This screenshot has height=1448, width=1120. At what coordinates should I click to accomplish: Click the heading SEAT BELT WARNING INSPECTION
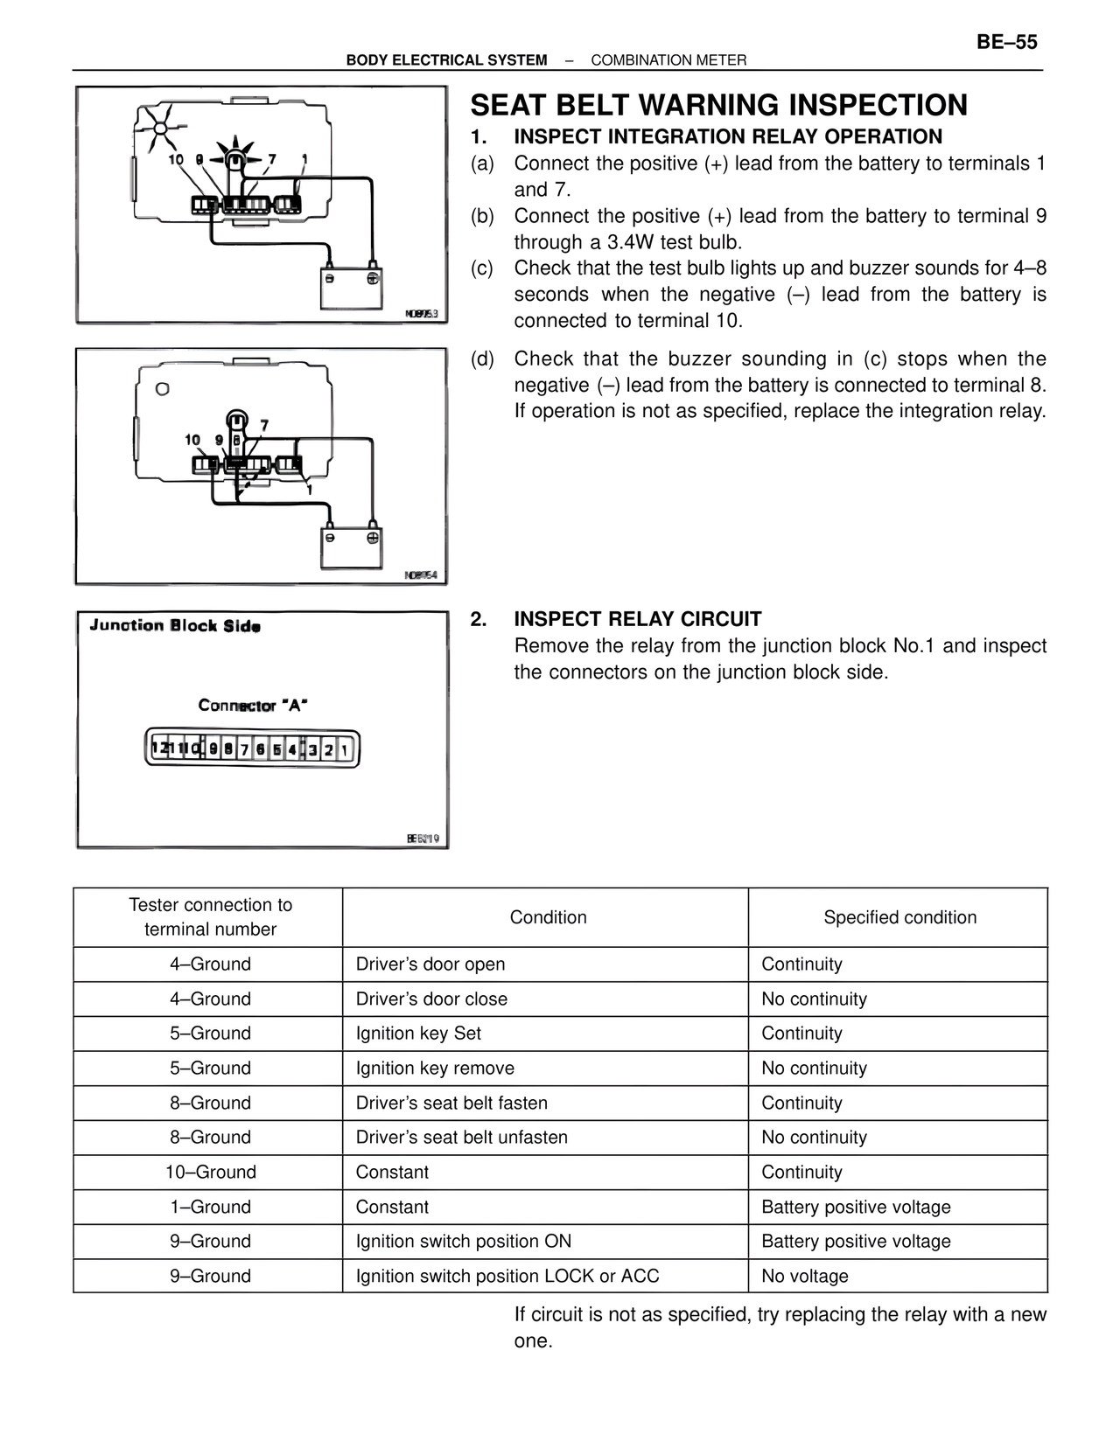click(x=718, y=106)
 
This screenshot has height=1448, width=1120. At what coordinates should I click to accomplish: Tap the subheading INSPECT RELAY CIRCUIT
click(x=637, y=619)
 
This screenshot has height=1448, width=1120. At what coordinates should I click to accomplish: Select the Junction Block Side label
click(x=175, y=626)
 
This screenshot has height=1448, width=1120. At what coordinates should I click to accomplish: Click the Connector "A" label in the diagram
click(x=252, y=705)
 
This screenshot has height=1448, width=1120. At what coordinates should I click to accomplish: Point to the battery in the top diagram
click(x=351, y=289)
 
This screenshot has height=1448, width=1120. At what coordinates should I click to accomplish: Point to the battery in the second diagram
click(x=351, y=548)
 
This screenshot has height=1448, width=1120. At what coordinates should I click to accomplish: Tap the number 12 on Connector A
click(x=159, y=749)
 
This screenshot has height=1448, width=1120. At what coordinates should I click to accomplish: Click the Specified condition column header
click(x=899, y=917)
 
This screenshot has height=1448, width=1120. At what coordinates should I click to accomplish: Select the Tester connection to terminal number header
click(x=210, y=917)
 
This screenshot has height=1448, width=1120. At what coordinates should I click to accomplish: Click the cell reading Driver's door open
click(x=430, y=964)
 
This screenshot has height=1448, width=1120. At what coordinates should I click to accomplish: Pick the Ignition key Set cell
click(x=418, y=1034)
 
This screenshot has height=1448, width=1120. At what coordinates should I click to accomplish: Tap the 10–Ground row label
click(x=210, y=1172)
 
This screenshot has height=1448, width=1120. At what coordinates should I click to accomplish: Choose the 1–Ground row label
click(x=210, y=1207)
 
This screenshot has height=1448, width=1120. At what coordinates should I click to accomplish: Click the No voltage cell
click(x=804, y=1276)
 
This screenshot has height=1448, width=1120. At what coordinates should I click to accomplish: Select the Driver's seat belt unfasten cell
click(x=461, y=1138)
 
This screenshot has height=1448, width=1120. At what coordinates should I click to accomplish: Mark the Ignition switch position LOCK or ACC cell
click(x=507, y=1276)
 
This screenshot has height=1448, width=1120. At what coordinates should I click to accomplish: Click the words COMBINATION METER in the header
click(x=668, y=60)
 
